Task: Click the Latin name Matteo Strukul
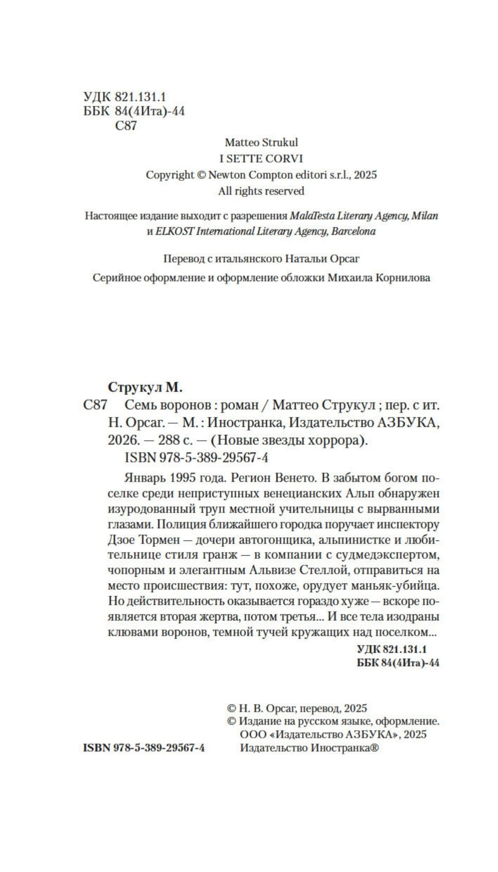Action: [x=261, y=142]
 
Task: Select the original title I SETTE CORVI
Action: [x=261, y=159]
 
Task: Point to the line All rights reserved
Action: [x=261, y=191]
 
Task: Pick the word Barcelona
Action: [x=354, y=231]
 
